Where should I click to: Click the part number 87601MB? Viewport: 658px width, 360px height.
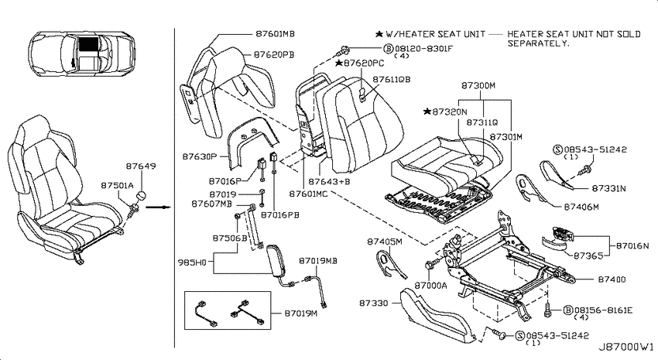(x=275, y=33)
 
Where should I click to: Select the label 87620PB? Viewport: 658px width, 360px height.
(x=273, y=54)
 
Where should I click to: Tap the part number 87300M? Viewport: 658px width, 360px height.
(x=478, y=86)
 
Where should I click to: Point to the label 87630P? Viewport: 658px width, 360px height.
(x=199, y=156)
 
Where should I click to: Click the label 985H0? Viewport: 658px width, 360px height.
(x=192, y=262)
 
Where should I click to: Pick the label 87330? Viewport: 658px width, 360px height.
(x=373, y=303)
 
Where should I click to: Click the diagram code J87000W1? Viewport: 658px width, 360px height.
(x=625, y=347)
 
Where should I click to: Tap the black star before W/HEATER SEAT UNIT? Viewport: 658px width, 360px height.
(x=379, y=34)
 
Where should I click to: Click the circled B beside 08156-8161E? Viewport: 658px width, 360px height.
(x=567, y=310)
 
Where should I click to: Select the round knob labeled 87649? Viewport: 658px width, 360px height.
(x=142, y=196)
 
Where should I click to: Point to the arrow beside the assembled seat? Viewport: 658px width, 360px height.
(x=161, y=207)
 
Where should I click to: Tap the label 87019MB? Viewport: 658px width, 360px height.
(x=318, y=261)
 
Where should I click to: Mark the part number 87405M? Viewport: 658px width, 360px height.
(x=385, y=242)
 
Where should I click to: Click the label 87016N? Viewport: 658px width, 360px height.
(x=632, y=245)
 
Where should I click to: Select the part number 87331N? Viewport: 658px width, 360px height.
(x=608, y=188)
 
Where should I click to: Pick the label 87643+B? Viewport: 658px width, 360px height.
(x=329, y=182)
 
